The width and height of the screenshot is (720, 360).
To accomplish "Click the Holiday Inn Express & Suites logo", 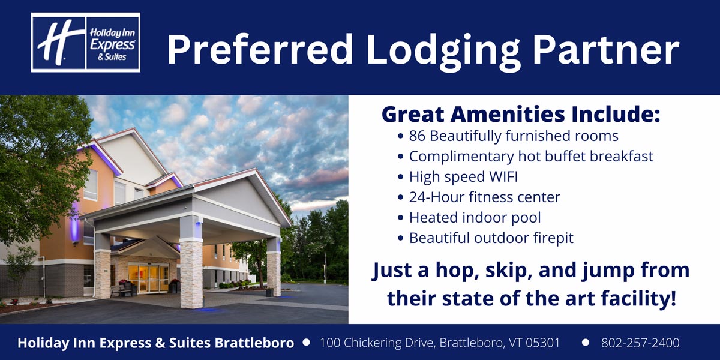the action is click(x=85, y=43).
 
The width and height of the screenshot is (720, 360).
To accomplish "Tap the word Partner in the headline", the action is click(x=606, y=49).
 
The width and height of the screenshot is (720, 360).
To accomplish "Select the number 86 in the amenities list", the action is click(x=417, y=136).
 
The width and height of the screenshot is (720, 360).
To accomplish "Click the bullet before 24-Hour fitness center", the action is click(x=400, y=197).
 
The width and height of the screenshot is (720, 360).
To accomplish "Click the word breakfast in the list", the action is click(x=622, y=157).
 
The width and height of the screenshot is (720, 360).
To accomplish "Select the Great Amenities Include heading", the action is click(x=521, y=114).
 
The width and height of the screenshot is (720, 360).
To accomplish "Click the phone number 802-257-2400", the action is click(x=640, y=343).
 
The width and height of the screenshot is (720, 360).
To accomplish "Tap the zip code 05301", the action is click(x=542, y=343).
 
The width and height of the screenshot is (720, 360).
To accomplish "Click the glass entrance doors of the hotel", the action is click(x=148, y=278).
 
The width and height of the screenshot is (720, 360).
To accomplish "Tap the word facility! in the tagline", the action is click(x=638, y=299).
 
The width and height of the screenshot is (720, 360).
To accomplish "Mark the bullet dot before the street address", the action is click(x=307, y=343).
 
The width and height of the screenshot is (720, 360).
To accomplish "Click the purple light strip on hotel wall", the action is click(x=74, y=223).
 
